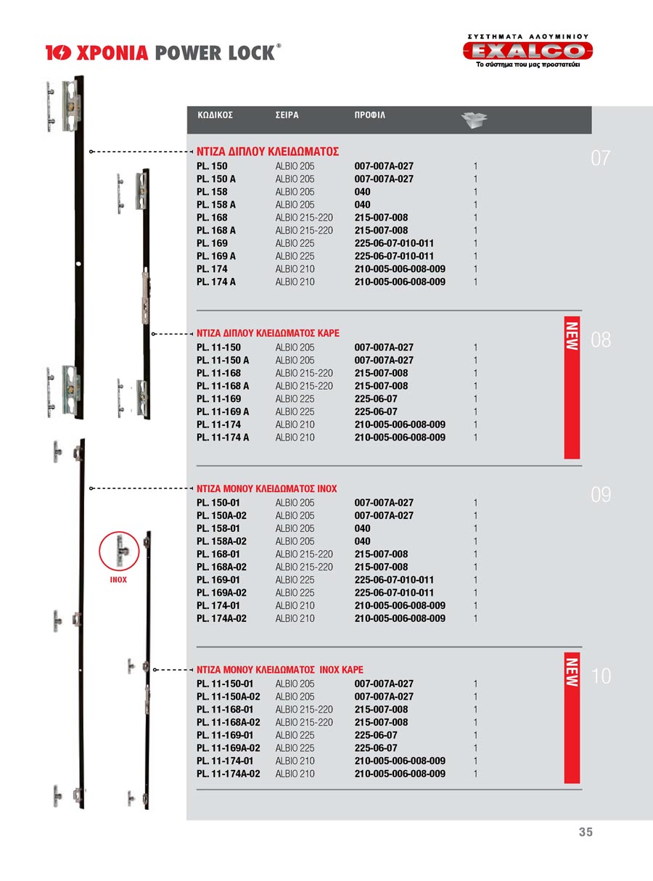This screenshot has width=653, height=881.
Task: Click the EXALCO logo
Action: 527,51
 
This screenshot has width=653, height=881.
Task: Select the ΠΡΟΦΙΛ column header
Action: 370,115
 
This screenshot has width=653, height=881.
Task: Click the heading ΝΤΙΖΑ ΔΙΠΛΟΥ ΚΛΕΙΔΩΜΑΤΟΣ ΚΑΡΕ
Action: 268,334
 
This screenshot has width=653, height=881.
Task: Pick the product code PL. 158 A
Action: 216,205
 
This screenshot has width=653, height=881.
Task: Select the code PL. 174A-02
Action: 221,618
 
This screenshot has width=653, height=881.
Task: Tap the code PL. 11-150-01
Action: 225,684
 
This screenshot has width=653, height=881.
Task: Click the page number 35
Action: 586,832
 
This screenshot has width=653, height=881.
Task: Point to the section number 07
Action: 601,158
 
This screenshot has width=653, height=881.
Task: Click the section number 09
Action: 601,495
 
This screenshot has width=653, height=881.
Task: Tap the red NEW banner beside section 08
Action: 572,388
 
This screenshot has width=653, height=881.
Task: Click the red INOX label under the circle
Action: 118,580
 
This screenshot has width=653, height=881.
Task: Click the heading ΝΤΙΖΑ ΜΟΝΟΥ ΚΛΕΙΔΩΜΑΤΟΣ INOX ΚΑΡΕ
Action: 280,670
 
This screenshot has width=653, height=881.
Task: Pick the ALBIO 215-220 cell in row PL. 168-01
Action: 304,554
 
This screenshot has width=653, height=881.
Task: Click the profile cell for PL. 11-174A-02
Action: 400,774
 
